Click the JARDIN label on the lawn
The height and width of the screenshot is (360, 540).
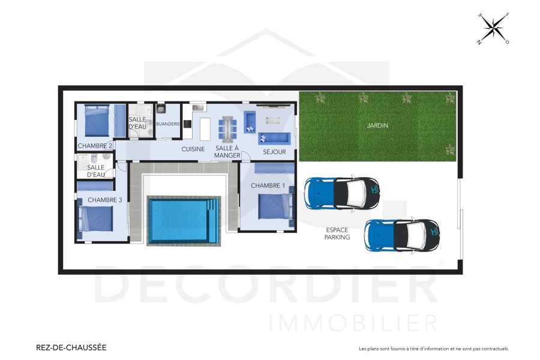tap(378, 126)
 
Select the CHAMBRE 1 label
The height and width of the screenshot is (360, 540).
tap(268, 185)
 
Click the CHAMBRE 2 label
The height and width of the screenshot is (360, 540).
tap(95, 146)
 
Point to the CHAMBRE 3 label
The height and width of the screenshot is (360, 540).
tap(105, 200)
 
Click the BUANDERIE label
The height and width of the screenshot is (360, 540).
tap(167, 124)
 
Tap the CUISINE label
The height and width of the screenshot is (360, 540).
tap(193, 149)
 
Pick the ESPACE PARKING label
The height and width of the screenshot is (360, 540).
tap(338, 233)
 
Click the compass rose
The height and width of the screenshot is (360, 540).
tap(493, 28)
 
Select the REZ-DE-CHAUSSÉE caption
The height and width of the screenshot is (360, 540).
tap(71, 347)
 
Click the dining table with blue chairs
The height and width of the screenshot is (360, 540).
tap(227, 127)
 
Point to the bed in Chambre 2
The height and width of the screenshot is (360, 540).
tap(96, 122)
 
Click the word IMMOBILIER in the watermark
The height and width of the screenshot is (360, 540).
tap(353, 322)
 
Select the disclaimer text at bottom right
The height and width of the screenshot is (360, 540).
tap(433, 349)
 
